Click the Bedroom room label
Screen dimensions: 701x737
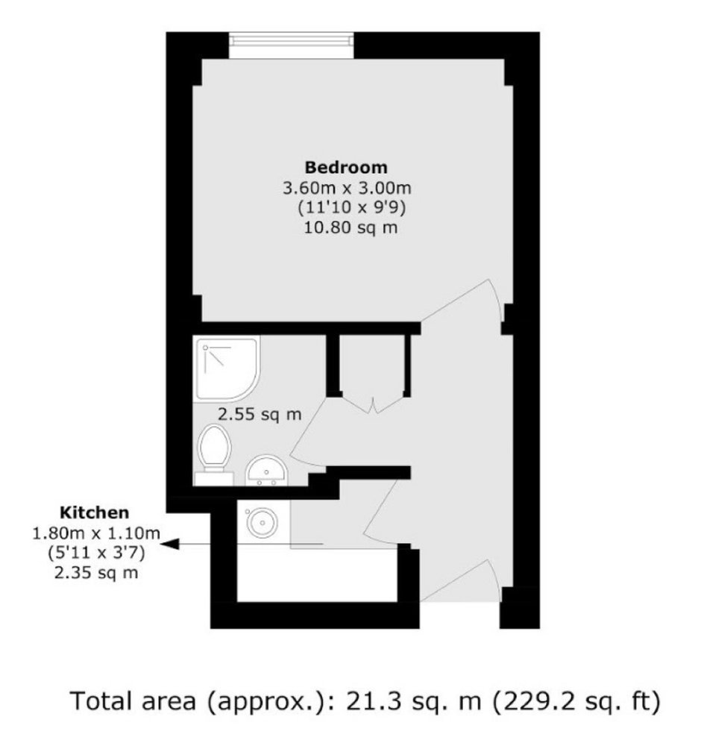tap(346, 167)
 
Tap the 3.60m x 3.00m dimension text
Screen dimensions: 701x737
tap(347, 188)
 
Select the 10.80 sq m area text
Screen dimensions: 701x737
tap(350, 228)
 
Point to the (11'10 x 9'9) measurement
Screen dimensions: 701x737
tap(352, 207)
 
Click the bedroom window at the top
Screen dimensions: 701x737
tap(291, 46)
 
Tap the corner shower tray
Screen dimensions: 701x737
tap(227, 368)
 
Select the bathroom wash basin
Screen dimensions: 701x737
tap(266, 470)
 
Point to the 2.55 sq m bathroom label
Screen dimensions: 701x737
tap(260, 415)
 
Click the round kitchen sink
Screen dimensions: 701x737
tap(263, 521)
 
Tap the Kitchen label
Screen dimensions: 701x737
tap(95, 512)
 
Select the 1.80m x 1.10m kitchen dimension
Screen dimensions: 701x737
tap(96, 533)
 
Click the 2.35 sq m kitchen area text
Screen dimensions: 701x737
tap(96, 573)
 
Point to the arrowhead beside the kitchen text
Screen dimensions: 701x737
tap(170, 545)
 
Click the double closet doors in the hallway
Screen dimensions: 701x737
tap(372, 405)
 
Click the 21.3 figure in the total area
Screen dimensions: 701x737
tap(374, 700)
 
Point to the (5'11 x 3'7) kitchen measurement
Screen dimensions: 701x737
tap(96, 553)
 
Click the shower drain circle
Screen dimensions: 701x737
tap(205, 348)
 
